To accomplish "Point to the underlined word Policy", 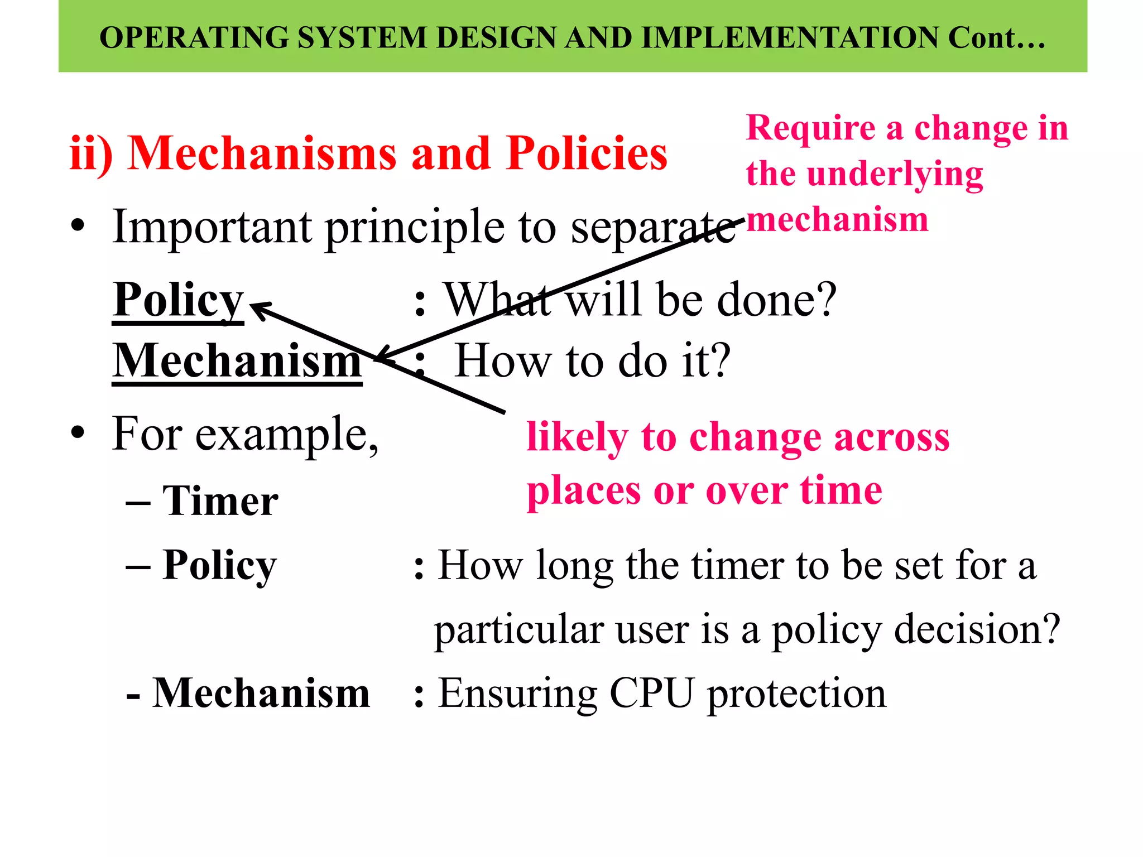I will (178, 300).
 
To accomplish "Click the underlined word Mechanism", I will (237, 361).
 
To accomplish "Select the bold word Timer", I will (220, 501).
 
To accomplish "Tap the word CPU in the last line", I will (651, 694).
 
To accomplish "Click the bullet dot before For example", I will (78, 434).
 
